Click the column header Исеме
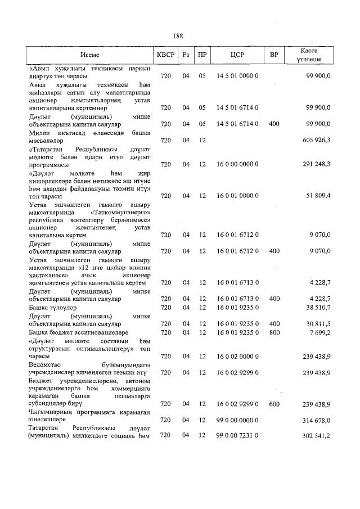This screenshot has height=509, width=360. (x=89, y=55)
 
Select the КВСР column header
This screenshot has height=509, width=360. (x=165, y=55)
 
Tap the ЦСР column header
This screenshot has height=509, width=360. (x=237, y=55)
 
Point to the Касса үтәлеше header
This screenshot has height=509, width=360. (x=310, y=55)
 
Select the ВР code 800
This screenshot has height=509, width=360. (x=274, y=332)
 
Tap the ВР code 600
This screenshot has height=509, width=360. (x=274, y=404)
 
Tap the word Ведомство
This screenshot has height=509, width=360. (x=46, y=364)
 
